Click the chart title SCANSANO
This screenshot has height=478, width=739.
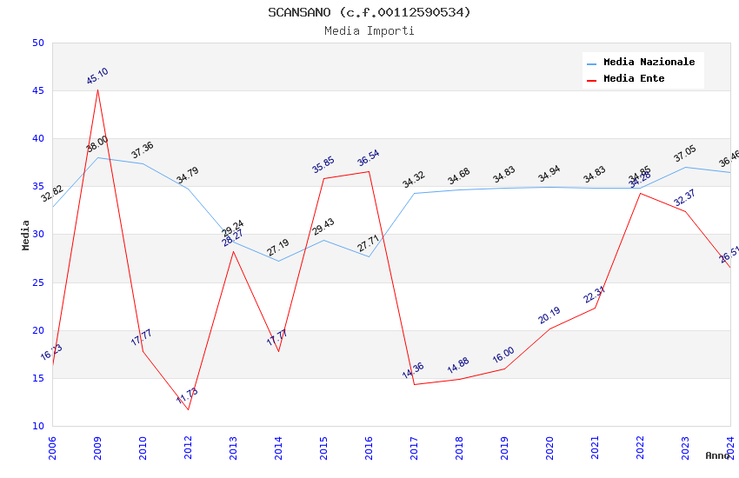coord(369,12)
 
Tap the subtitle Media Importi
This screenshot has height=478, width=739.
coord(369,30)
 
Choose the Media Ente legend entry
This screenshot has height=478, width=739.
coord(634,78)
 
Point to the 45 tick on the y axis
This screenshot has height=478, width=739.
coord(37,90)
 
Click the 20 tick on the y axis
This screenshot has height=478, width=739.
coord(37,330)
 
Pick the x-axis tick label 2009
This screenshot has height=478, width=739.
coord(97,447)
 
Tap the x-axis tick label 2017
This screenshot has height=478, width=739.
coord(414,447)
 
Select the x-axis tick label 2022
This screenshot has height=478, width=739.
coord(640,447)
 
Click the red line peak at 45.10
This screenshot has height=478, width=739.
coord(97,90)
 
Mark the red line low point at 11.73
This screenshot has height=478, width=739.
coord(188,409)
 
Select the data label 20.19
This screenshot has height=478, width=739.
coord(549,315)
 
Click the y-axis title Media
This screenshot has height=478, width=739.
coord(26,235)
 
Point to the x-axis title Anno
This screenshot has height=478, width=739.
coord(717,455)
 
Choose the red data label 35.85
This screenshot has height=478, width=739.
coord(323,165)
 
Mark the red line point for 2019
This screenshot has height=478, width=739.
coord(504,368)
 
